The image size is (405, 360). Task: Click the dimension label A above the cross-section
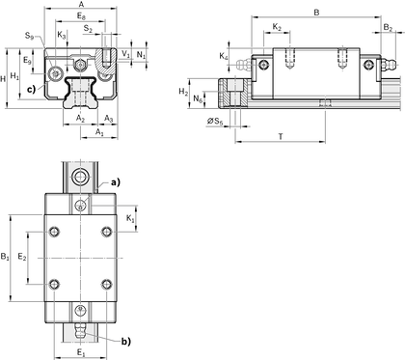click(x=81, y=4)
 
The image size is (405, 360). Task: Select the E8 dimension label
click(x=81, y=15)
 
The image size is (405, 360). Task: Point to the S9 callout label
click(x=29, y=36)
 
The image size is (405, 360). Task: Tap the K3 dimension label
click(x=62, y=35)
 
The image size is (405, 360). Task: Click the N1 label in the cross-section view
click(x=141, y=55)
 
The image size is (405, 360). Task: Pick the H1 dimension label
click(x=14, y=76)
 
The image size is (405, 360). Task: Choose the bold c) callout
click(x=31, y=89)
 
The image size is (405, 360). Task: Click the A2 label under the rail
click(x=80, y=119)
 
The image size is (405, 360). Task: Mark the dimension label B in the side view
click(x=316, y=13)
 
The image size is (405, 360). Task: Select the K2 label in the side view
click(x=277, y=27)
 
